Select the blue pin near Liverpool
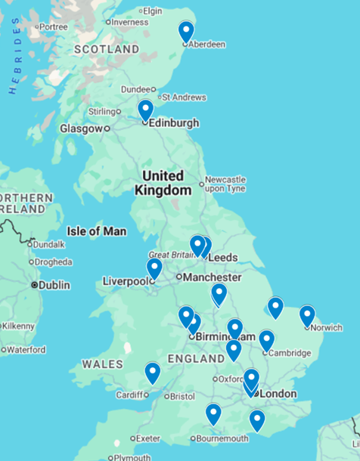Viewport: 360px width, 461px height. [154, 268]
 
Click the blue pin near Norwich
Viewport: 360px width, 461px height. [307, 315]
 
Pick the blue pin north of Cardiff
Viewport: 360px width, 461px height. [153, 373]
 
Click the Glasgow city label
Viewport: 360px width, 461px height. [81, 128]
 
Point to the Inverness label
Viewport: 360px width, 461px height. [131, 22]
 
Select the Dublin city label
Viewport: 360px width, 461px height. [54, 285]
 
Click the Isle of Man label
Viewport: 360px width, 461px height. [97, 231]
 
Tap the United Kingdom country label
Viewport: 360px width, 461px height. [163, 183]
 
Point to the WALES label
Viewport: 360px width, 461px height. [102, 364]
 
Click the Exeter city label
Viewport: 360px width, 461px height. [147, 438]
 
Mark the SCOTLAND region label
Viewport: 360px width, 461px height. [106, 49]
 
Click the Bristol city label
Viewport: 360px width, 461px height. [182, 396]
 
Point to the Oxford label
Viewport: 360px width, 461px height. [232, 379]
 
